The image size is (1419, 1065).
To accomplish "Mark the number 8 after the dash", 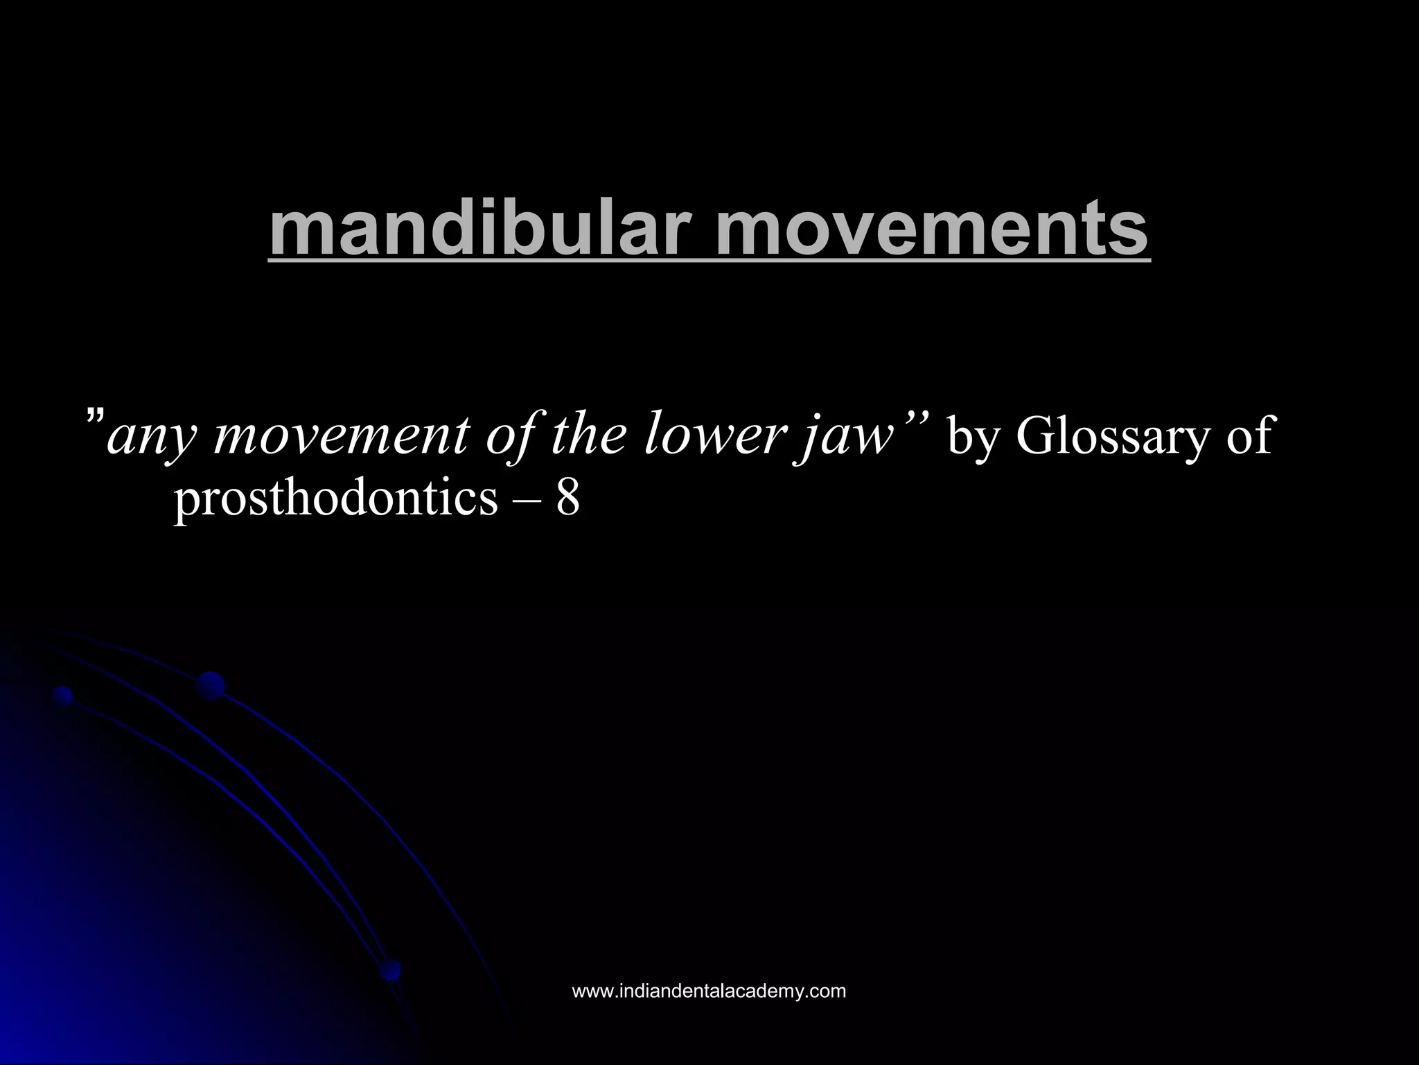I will [567, 498].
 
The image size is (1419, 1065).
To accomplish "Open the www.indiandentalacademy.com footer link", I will [709, 991].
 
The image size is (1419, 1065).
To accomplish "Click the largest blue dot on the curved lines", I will [210, 686].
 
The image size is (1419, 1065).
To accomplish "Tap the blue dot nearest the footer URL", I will [390, 969].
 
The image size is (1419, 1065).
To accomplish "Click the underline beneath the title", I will [709, 261].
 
